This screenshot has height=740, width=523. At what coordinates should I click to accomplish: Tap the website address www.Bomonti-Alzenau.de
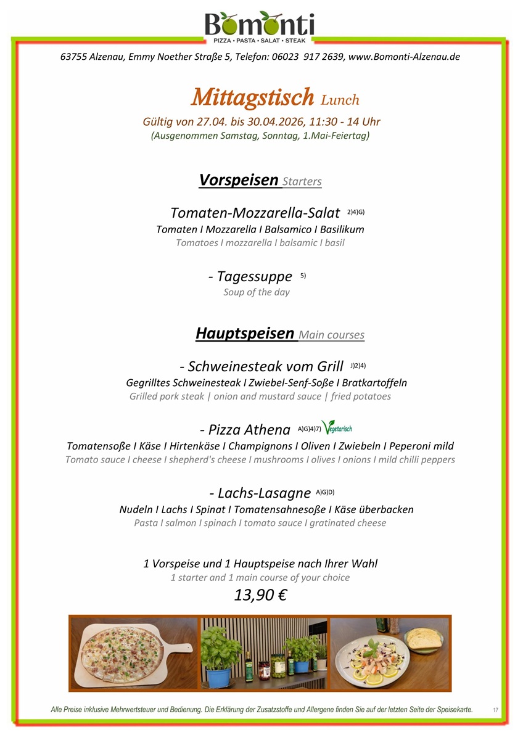pos(404,57)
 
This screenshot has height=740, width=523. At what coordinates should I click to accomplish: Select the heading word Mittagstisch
pos(253,97)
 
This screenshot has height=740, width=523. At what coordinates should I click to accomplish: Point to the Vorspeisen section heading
pos(239,179)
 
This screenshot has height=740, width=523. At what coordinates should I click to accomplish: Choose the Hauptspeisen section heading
pos(245,334)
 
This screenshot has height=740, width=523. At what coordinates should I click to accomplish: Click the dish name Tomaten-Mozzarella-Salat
pos(255,213)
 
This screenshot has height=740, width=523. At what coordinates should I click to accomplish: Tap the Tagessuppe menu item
pos(250,277)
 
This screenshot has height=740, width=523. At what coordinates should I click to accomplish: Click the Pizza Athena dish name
pos(245,429)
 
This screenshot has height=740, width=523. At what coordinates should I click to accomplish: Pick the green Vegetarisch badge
pos(337,427)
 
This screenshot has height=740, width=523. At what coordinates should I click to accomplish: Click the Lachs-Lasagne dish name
pos(260,493)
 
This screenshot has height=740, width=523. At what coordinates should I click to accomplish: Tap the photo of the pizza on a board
pos(134,652)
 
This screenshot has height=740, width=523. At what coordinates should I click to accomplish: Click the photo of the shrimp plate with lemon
pos(390,652)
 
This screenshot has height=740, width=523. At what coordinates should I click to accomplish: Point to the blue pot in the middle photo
pos(218,676)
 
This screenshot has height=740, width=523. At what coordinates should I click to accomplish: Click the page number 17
pos(495,710)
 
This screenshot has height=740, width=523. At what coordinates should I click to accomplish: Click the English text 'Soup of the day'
pos(257,292)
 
